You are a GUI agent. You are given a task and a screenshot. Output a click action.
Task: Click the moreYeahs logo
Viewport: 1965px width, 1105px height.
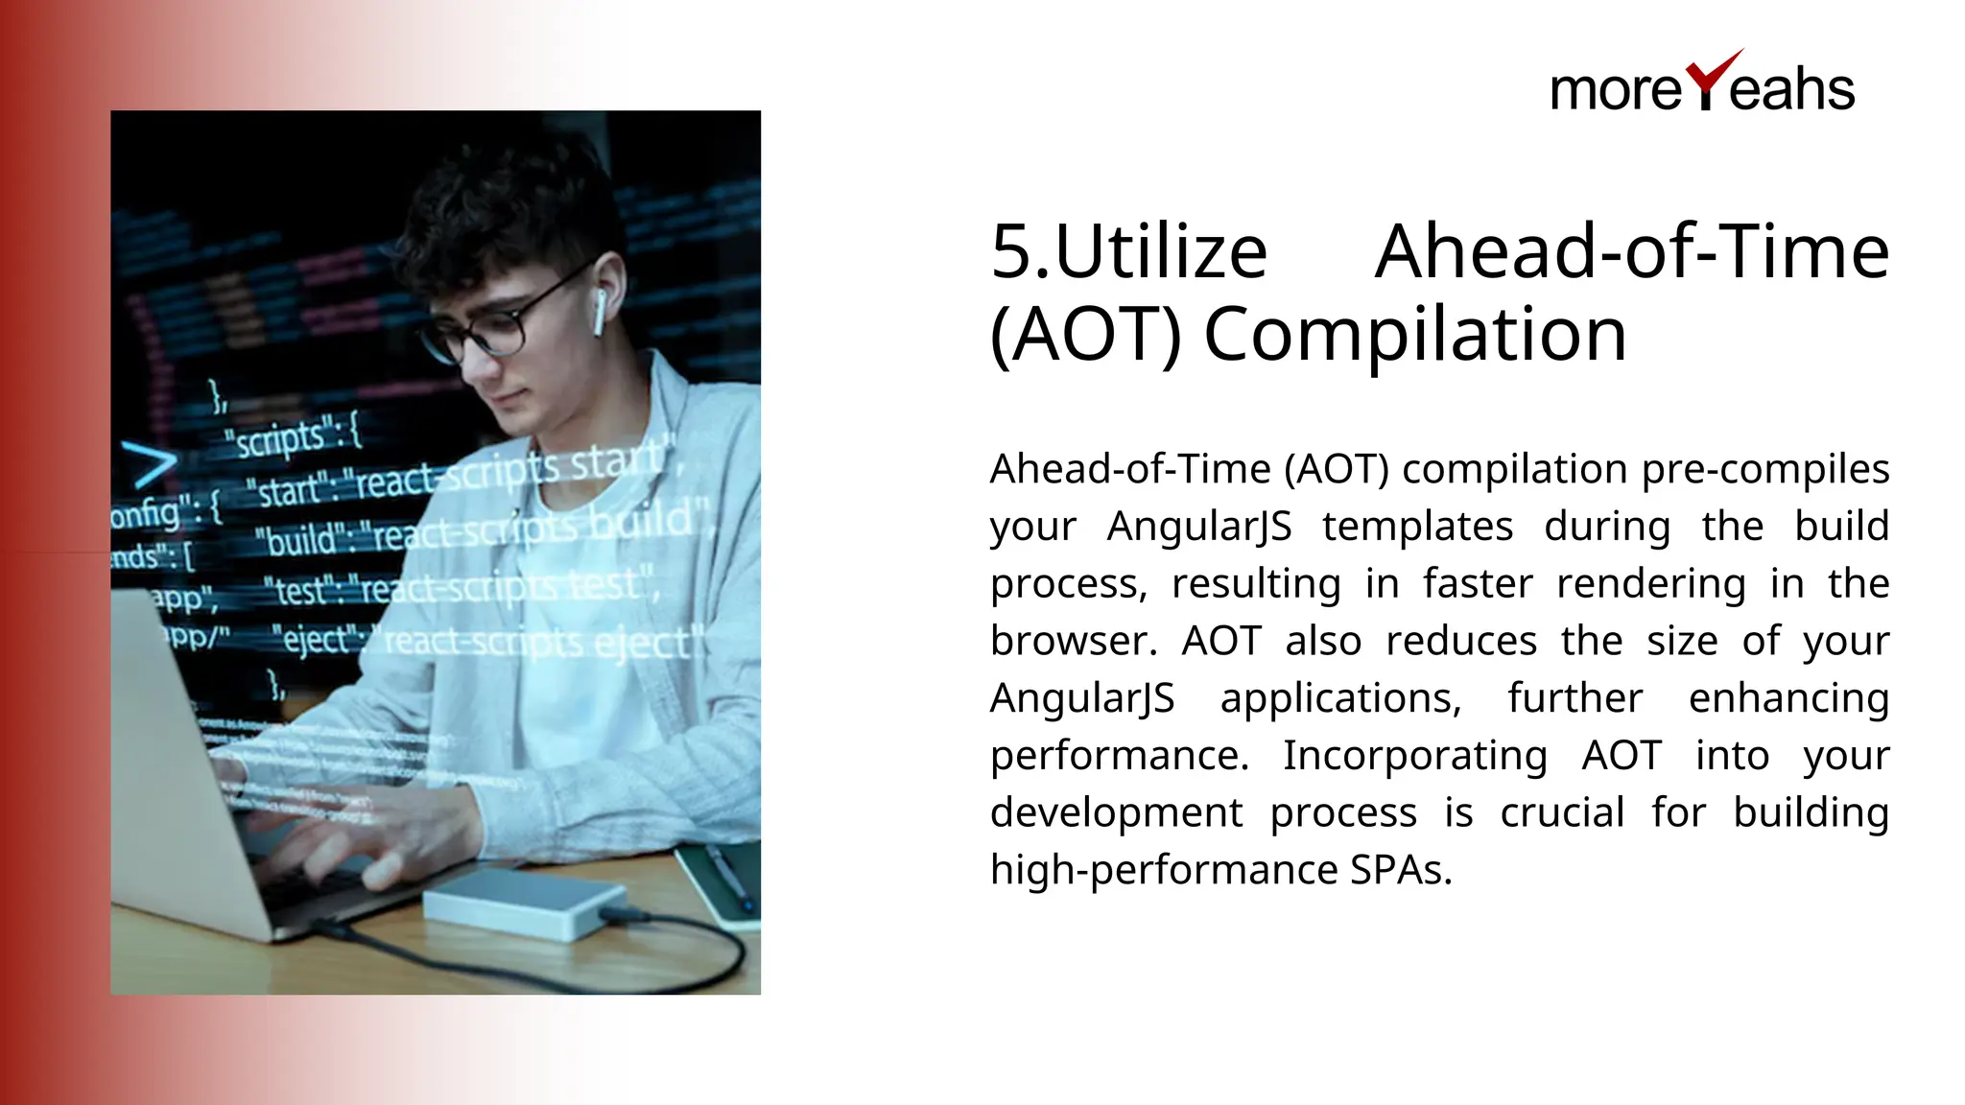[x=1701, y=84]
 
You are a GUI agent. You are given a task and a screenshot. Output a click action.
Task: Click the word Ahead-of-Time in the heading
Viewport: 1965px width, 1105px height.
[x=1631, y=252]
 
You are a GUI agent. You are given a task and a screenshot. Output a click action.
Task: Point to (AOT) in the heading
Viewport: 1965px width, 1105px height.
[x=1084, y=335]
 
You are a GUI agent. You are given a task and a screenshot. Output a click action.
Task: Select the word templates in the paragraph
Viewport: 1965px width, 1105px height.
[x=1417, y=526]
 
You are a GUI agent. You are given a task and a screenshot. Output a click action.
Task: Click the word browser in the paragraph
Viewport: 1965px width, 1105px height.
[x=1069, y=641]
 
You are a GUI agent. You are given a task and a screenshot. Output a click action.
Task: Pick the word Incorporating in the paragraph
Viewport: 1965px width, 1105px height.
[x=1414, y=755]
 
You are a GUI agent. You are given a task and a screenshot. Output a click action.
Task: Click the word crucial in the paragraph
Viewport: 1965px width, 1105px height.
[x=1561, y=812]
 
